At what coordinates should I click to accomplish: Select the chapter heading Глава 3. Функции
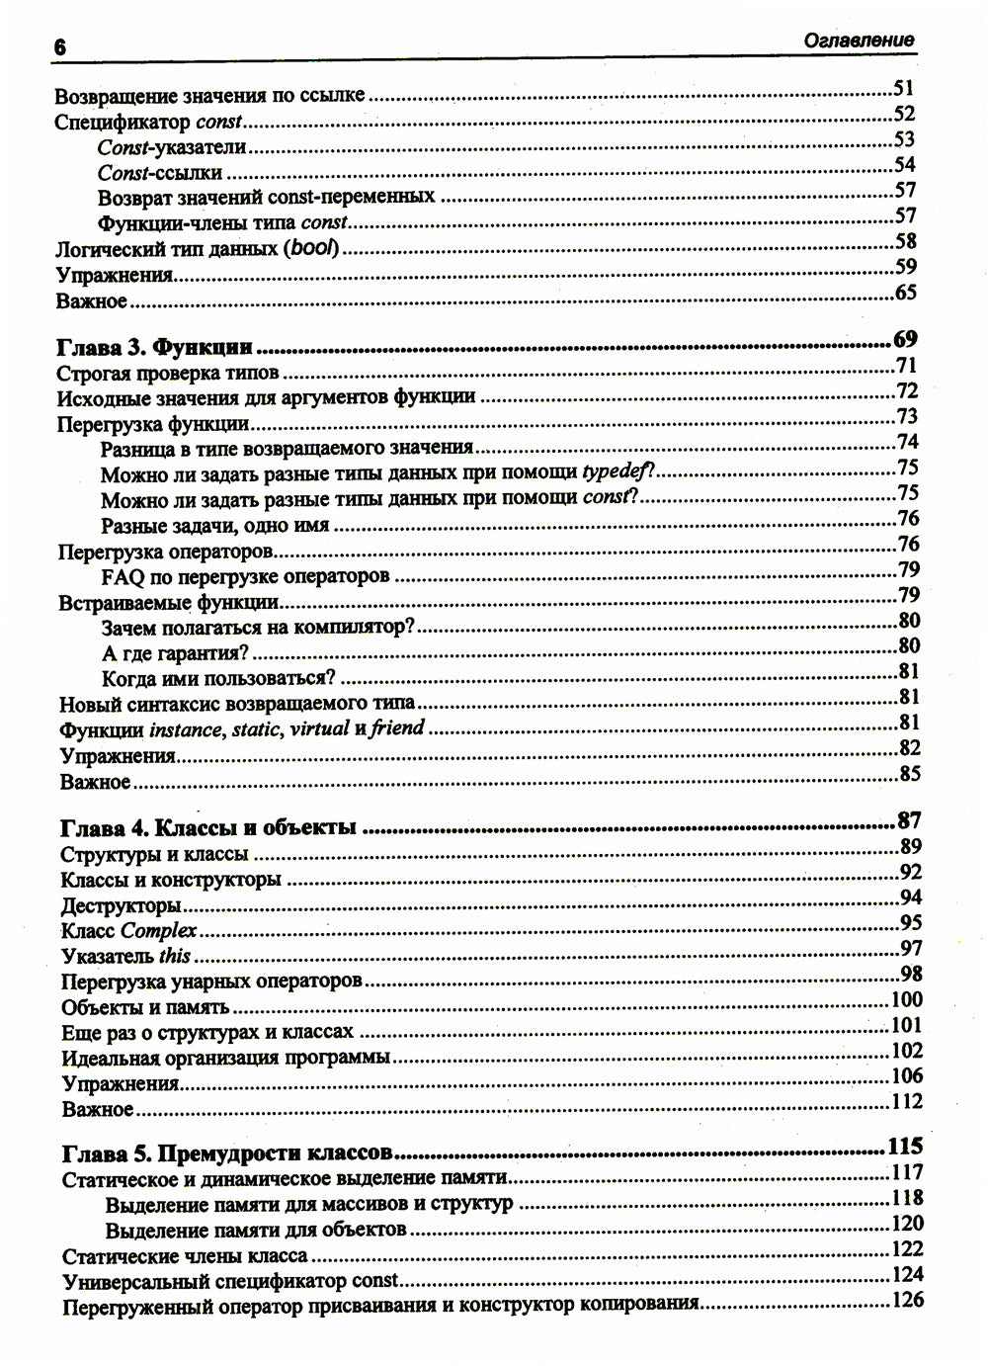point(155,347)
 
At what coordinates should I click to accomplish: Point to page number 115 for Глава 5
point(905,1147)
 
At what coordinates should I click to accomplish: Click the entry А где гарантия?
point(175,652)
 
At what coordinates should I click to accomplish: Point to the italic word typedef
point(618,471)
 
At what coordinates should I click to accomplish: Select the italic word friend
point(397,729)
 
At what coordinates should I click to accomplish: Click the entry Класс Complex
point(129,930)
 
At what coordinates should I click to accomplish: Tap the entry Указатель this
point(125,956)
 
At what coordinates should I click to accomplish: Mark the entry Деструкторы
point(121,904)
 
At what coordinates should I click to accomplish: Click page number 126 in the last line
point(907,1300)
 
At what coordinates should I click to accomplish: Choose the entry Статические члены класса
point(184,1256)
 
